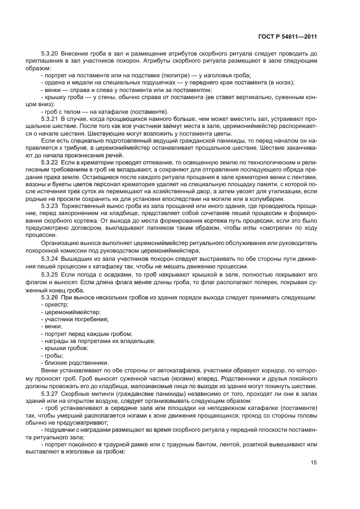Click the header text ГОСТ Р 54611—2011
pos(288,36)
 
